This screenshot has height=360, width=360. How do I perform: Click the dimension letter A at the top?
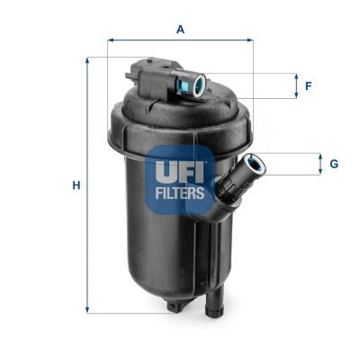(x=180, y=30)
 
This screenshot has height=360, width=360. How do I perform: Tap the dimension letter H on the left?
(x=77, y=185)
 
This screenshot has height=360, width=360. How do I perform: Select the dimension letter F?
(x=308, y=86)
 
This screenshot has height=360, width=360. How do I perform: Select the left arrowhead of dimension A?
(x=111, y=40)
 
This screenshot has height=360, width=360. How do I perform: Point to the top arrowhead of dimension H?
(x=87, y=60)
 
